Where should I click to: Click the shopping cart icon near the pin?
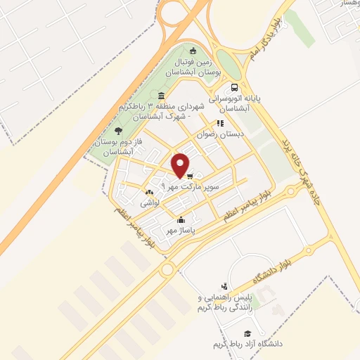tap(191, 176)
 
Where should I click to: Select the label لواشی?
tap(149, 202)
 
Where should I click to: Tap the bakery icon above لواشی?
tap(148, 192)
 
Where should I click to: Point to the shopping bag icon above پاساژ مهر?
tap(181, 219)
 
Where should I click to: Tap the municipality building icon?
tap(162, 96)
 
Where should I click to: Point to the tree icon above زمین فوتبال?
tap(193, 49)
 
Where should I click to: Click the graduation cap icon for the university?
tap(247, 333)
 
